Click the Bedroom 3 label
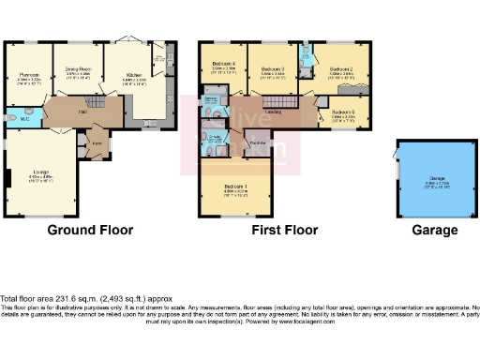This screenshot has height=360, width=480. pyautogui.click(x=272, y=69)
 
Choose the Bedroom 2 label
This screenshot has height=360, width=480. pyautogui.click(x=340, y=69)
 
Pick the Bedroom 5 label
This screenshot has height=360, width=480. pyautogui.click(x=342, y=117)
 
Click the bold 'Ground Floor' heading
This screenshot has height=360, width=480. pyautogui.click(x=90, y=230)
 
